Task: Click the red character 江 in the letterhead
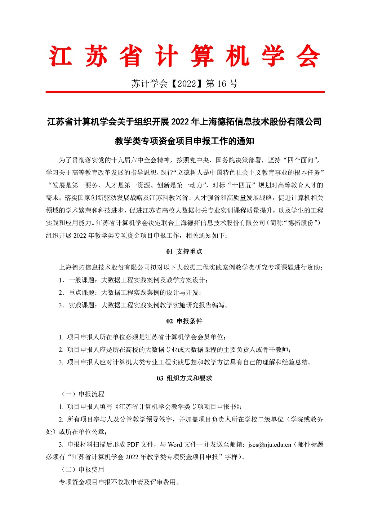coord(61,56)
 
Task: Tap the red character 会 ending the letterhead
coord(308,56)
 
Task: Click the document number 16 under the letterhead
coord(222,84)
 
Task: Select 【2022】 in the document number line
coord(187,84)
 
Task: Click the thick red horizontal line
coord(185,92)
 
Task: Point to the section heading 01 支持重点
coord(184,251)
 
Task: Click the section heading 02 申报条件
coord(184,321)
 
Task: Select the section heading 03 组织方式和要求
coord(184,378)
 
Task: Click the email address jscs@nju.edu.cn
coord(270,444)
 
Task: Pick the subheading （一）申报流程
coord(81,394)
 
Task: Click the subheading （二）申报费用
coord(81,469)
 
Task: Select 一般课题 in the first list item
coord(82,280)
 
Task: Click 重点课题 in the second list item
coord(82,293)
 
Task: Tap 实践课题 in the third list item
coord(82,305)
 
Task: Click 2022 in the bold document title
coord(181,122)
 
